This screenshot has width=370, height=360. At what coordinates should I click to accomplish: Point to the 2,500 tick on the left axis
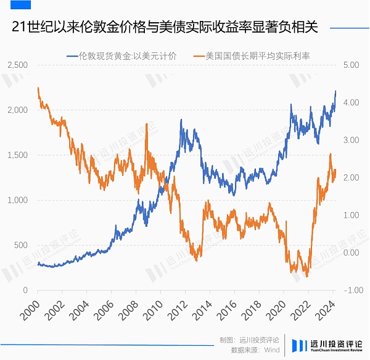point(17,65)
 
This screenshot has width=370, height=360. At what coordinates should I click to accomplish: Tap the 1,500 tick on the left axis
point(17,155)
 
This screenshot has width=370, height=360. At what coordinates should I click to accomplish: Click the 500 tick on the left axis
point(20,245)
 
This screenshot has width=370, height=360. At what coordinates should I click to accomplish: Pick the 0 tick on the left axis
point(25,290)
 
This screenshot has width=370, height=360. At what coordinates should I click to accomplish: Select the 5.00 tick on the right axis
point(351,65)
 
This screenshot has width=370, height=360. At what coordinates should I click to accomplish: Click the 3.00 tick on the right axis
point(351,140)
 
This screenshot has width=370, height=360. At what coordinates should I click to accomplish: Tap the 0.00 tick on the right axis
point(351,253)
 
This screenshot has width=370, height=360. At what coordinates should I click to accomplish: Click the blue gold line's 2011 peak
point(181,120)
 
